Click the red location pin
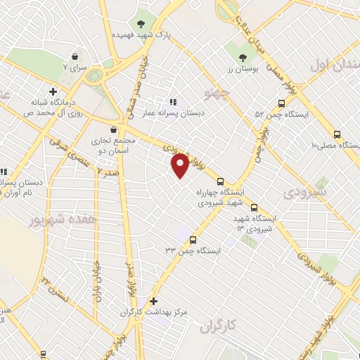(x=181, y=165)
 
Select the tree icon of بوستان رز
(x=243, y=58)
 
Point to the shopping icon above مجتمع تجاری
(x=113, y=129)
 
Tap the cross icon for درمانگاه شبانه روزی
(x=53, y=91)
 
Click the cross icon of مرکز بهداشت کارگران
(x=154, y=300)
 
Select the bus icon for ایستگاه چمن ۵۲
(x=282, y=101)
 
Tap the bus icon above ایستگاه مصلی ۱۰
(x=337, y=134)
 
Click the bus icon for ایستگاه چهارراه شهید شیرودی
(x=221, y=179)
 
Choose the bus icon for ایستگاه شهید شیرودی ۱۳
(x=254, y=207)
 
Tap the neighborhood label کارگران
(x=215, y=326)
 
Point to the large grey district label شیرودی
(x=308, y=191)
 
